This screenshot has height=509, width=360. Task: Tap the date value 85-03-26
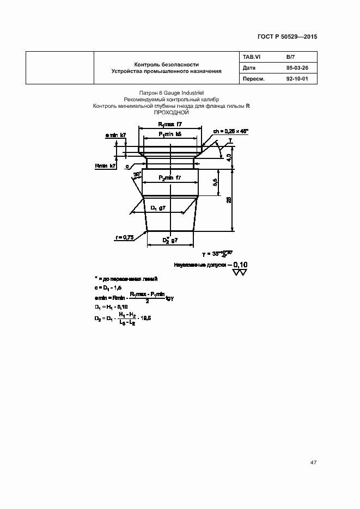[297, 68]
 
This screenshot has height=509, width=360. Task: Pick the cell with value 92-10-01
[297, 79]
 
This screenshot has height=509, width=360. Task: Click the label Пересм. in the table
[254, 79]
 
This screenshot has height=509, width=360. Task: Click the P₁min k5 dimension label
[170, 133]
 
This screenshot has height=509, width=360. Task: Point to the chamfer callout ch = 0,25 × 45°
[230, 131]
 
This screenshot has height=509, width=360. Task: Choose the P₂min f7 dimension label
[170, 178]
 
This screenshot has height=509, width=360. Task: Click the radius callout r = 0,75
[125, 237]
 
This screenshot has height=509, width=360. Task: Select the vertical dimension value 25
[229, 200]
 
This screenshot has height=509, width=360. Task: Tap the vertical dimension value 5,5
[215, 182]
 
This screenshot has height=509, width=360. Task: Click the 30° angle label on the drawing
[137, 174]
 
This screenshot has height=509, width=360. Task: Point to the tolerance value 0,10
[239, 265]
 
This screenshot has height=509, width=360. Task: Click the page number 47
[313, 462]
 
